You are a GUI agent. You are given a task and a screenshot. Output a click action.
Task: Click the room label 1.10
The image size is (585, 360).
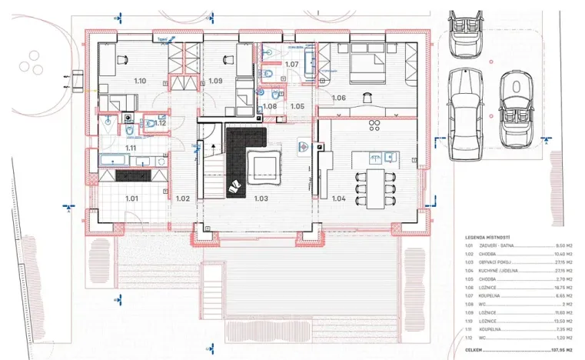140,81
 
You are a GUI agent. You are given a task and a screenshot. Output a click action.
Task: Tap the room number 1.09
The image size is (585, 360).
215,81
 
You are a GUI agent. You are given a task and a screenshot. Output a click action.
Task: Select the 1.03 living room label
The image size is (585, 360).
261,198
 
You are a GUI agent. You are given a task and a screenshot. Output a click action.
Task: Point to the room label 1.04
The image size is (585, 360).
339,198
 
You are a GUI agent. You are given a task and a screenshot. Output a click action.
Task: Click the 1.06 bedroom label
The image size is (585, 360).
339,98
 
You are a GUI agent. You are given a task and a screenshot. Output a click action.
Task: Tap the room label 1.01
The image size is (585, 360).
132,198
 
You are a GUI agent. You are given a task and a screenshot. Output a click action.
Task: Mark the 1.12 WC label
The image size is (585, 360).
161,123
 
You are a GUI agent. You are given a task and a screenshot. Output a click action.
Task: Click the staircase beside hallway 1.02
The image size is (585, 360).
211,173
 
